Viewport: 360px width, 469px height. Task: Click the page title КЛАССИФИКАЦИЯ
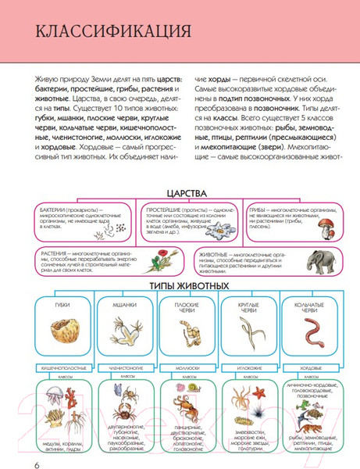[x=104, y=34]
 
